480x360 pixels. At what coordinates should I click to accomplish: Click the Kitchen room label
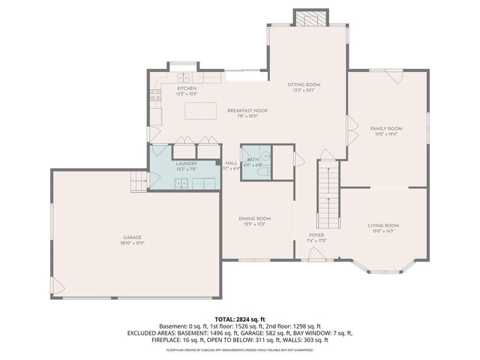(x=187, y=88)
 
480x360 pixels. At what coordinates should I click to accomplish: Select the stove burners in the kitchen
(x=156, y=95)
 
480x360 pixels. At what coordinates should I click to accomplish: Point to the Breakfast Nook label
(x=247, y=110)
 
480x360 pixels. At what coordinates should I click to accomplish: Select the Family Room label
(x=386, y=128)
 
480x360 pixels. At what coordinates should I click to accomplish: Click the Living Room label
(x=382, y=225)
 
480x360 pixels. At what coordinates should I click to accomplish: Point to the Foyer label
(x=316, y=235)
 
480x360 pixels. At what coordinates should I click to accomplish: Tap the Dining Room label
(x=254, y=218)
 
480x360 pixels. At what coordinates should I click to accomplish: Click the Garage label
(x=133, y=238)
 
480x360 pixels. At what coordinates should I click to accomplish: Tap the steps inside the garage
(x=138, y=181)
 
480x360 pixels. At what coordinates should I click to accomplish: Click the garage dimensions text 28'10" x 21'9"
(x=133, y=244)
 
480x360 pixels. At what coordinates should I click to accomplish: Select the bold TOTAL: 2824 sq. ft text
(x=239, y=319)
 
